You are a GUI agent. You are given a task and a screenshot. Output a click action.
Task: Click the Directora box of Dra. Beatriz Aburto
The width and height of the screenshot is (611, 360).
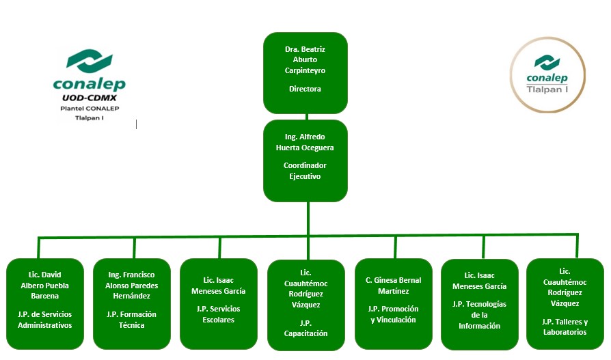305,73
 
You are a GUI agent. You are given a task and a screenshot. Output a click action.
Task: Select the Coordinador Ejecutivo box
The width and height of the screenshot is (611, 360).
305,161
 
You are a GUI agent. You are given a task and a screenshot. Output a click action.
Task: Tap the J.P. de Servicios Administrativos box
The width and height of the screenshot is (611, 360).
44,304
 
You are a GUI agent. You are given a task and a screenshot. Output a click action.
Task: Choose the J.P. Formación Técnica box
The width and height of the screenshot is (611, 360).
131,304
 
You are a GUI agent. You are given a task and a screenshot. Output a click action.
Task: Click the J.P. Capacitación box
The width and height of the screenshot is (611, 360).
305,305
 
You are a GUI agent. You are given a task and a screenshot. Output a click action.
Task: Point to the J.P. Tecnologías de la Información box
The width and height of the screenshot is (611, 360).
480,305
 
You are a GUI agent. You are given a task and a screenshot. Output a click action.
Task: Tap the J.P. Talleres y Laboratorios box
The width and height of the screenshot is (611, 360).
565,304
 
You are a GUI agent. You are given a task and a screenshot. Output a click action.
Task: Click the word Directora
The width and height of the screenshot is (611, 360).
305,89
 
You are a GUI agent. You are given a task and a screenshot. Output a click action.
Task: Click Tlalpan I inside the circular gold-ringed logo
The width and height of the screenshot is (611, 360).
547,89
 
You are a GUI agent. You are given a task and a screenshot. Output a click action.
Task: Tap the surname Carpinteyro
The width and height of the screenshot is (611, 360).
305,70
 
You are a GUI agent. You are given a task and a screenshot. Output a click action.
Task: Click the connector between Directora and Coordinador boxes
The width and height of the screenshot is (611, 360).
306,117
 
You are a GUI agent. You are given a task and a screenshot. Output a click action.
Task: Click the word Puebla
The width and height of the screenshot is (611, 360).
56,286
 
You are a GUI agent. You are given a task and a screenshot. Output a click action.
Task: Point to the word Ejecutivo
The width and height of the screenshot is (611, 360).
305,176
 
